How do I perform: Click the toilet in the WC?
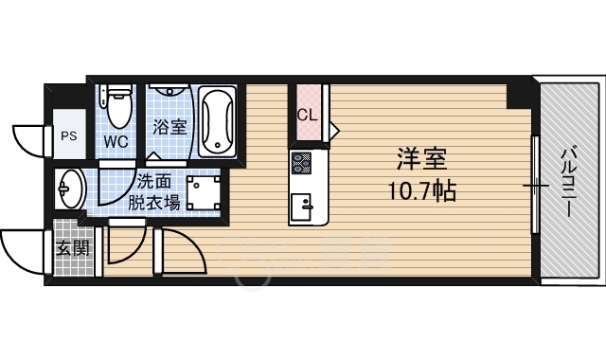(118, 105)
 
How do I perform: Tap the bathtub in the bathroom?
(217, 121)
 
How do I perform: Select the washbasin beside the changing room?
(70, 189)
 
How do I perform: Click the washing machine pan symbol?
(204, 193)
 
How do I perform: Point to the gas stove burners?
(301, 162)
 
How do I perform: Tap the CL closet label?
(307, 115)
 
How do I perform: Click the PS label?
(69, 136)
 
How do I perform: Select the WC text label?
(116, 142)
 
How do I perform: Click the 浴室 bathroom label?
(169, 127)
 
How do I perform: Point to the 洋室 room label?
(422, 159)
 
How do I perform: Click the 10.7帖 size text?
(421, 189)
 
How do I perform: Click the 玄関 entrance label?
(74, 248)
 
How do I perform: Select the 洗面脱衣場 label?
(153, 191)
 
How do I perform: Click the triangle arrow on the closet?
(334, 131)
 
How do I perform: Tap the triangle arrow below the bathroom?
(153, 155)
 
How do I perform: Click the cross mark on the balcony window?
(536, 186)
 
